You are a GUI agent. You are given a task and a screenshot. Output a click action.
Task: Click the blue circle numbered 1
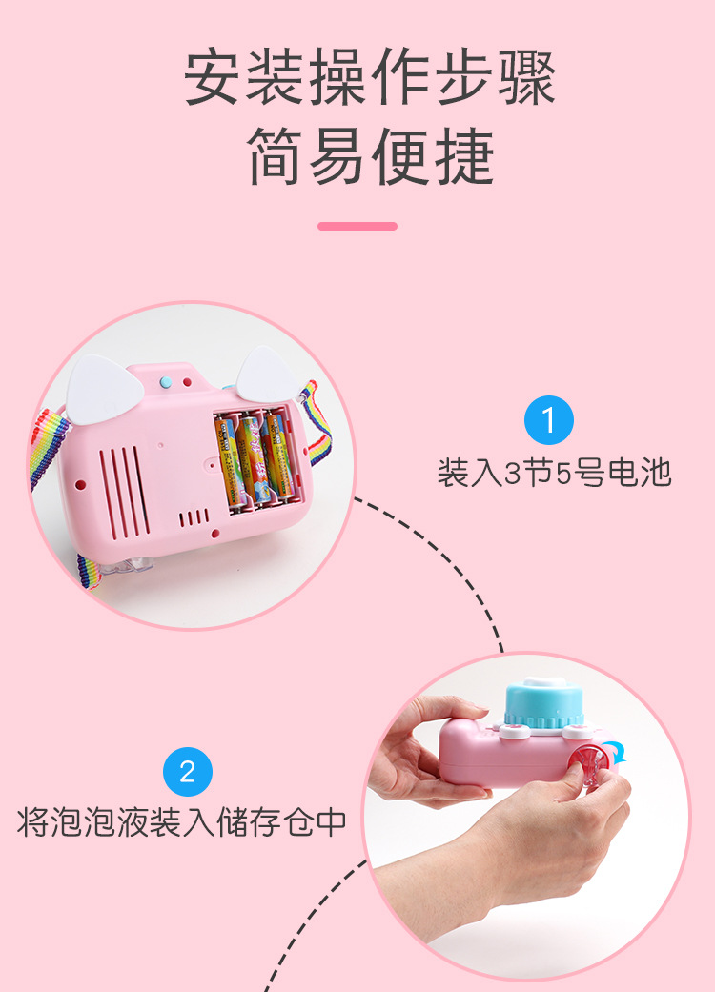point(549,420)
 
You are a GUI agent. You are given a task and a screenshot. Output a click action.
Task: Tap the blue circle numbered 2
point(188,771)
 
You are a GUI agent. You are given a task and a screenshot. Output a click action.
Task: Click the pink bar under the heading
point(357,226)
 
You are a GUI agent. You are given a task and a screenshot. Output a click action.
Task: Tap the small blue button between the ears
point(164,381)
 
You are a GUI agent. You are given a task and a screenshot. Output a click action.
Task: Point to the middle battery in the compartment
point(252,458)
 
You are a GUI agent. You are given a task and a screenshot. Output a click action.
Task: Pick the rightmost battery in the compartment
point(277,456)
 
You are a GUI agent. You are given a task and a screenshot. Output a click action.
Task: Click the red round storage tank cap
point(585,767)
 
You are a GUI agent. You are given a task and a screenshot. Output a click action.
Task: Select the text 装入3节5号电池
point(554,473)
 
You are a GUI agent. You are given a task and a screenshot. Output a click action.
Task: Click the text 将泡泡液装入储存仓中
point(181,821)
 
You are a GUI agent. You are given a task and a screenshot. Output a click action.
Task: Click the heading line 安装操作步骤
point(370,78)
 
